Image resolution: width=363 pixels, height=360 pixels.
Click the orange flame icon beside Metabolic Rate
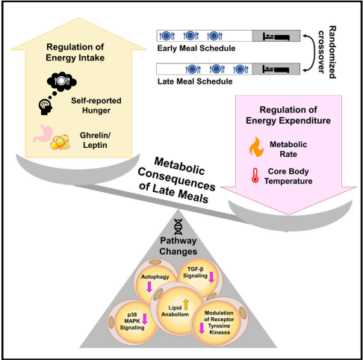[x=256, y=147]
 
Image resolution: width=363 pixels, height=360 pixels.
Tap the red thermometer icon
[x=255, y=176]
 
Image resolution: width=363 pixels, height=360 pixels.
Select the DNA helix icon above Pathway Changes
[x=178, y=227]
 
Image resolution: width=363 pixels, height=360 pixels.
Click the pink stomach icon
[x=43, y=134]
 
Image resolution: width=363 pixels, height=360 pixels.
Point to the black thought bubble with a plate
[x=61, y=81]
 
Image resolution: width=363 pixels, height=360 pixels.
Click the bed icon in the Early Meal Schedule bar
[x=276, y=37]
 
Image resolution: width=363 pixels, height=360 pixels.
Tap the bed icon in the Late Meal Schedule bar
[x=276, y=69]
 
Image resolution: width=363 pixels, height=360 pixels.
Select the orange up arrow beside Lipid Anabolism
[x=186, y=304]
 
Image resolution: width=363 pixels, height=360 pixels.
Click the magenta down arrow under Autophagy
[x=149, y=287]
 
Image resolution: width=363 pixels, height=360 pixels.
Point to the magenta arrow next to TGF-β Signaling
[x=211, y=277]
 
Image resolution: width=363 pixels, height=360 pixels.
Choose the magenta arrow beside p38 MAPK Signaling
[x=145, y=319]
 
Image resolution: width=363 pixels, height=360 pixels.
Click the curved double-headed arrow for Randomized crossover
[x=312, y=53]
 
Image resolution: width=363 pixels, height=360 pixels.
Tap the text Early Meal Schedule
[x=196, y=48]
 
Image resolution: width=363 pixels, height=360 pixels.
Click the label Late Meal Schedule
[x=195, y=81]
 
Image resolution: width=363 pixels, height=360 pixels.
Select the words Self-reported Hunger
[x=96, y=105]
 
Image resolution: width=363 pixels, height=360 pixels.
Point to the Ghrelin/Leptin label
[x=95, y=140]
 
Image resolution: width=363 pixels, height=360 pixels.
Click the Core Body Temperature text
[x=288, y=176]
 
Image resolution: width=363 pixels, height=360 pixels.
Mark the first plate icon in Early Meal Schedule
[x=167, y=36]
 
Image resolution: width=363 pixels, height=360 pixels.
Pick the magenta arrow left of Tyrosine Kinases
[x=202, y=328]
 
